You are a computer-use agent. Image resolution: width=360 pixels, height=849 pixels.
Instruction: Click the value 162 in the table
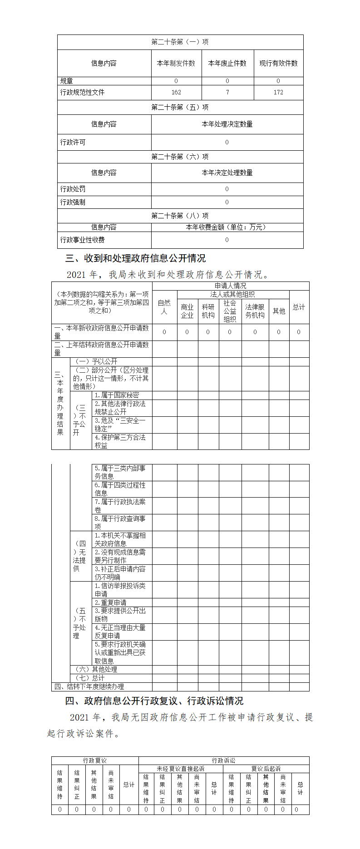176,92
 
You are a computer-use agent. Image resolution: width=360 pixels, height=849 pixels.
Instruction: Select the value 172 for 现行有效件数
278,92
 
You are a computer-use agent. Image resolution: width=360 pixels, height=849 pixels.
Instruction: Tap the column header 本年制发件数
176,63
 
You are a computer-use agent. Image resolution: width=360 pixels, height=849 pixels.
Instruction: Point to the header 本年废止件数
227,63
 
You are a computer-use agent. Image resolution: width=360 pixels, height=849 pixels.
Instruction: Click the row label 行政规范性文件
82,92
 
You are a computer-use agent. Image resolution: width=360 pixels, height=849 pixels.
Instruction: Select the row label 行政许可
73,142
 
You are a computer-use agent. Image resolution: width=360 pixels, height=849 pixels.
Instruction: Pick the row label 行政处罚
73,189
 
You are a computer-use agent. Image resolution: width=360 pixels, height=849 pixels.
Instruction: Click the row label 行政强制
73,202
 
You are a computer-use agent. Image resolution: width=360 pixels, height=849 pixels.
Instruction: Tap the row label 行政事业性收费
82,240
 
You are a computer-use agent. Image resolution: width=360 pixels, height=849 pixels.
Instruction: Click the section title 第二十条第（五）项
180,107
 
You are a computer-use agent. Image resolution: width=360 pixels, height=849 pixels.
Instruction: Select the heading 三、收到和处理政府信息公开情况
135,258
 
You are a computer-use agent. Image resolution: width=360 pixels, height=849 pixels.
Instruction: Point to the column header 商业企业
187,311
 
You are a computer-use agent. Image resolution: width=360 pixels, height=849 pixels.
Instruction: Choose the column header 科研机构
208,311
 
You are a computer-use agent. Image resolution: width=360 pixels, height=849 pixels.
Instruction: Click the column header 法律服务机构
255,311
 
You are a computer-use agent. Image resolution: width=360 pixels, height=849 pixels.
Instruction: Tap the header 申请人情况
230,286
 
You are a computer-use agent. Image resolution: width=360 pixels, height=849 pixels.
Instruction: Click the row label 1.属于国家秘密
117,395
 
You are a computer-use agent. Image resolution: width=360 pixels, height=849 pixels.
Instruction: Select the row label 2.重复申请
110,602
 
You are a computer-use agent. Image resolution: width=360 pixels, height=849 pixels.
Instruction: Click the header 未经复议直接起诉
180,769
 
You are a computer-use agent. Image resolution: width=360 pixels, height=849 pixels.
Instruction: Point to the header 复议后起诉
266,769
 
